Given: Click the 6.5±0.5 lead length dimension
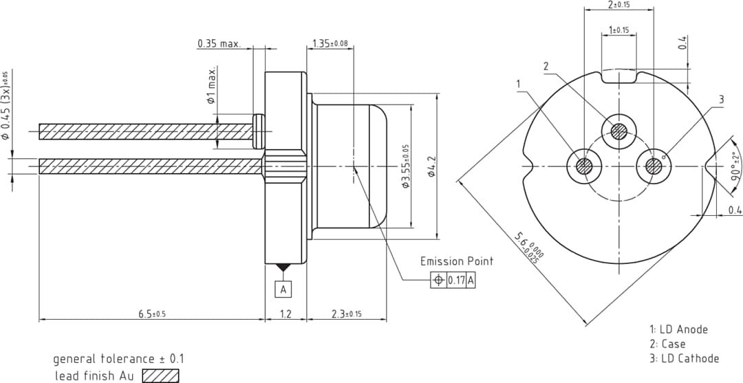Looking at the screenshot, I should click(152, 314).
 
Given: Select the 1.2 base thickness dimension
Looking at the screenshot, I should click(286, 314).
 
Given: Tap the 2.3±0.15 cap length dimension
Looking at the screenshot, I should click(347, 314).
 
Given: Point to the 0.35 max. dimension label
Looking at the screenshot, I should click(219, 43).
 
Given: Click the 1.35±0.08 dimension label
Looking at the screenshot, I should click(330, 43).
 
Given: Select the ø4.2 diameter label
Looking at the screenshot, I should click(431, 166).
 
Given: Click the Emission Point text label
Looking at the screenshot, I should click(457, 261).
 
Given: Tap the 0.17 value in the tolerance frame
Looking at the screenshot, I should click(457, 281).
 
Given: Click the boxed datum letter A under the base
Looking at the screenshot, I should click(283, 289).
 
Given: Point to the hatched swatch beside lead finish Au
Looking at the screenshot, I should click(160, 376).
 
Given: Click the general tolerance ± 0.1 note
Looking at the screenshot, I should click(119, 359).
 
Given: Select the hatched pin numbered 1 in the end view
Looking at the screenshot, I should click(585, 166).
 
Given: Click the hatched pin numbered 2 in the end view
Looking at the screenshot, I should click(619, 131).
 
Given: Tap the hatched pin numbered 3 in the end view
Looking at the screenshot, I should click(653, 166).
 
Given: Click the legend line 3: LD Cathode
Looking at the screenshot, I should click(684, 358).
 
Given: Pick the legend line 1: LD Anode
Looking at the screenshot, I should click(678, 329).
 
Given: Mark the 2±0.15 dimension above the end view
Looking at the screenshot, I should click(619, 5).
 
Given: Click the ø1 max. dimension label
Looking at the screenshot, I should click(212, 86).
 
